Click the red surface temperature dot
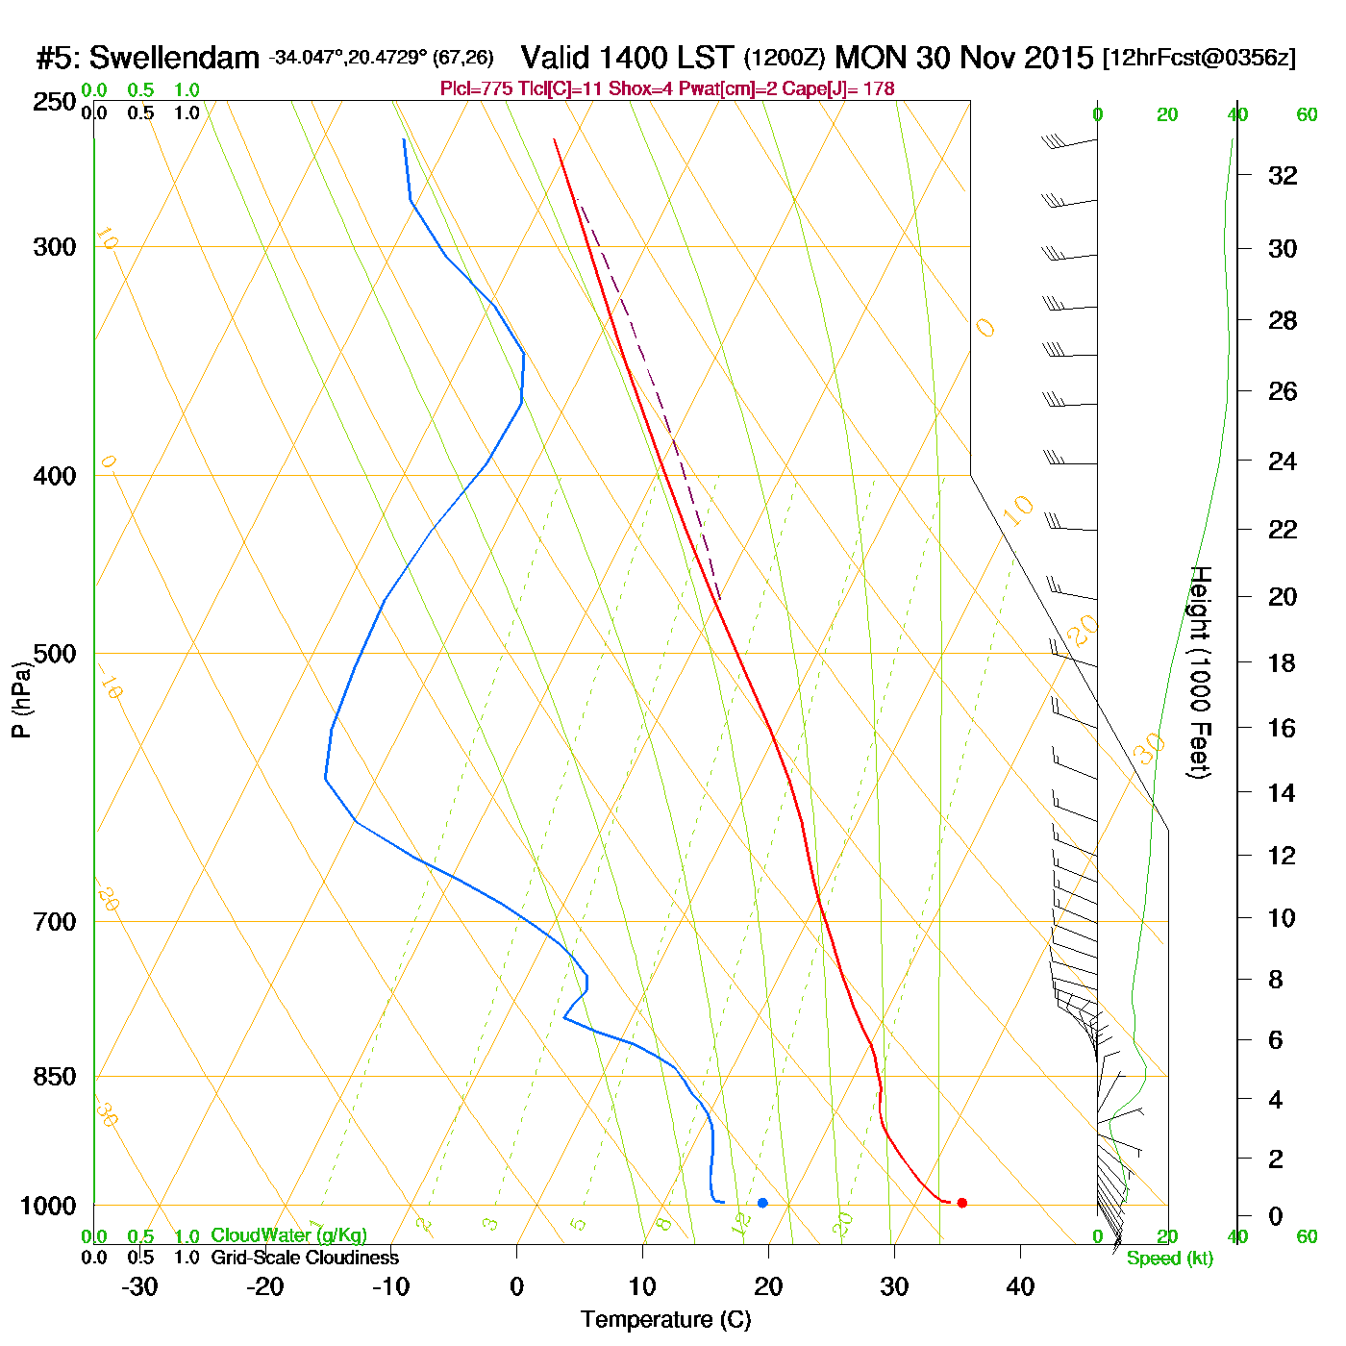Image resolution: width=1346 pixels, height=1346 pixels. pos(961,1203)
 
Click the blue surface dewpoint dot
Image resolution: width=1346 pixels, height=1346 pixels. pos(762,1203)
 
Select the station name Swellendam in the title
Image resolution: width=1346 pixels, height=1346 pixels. pos(174,59)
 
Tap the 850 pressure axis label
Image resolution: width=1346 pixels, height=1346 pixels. pos(54,1077)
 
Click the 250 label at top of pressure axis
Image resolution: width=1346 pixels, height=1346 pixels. pos(54,102)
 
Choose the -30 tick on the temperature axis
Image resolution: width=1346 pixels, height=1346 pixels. pos(139,1286)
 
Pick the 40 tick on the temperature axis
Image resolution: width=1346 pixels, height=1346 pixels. pos(1020,1286)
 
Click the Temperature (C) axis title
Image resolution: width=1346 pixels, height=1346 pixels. pos(665,1320)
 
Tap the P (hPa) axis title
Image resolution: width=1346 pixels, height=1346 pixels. pos(21,699)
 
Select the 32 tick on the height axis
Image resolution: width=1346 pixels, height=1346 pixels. pos(1283,175)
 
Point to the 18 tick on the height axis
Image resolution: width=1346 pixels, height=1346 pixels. pos(1283,662)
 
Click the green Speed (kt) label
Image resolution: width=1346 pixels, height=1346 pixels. pos(1169,1259)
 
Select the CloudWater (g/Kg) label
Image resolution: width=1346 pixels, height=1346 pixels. pos(288,1235)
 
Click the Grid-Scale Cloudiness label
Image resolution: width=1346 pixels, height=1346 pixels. pos(304,1258)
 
